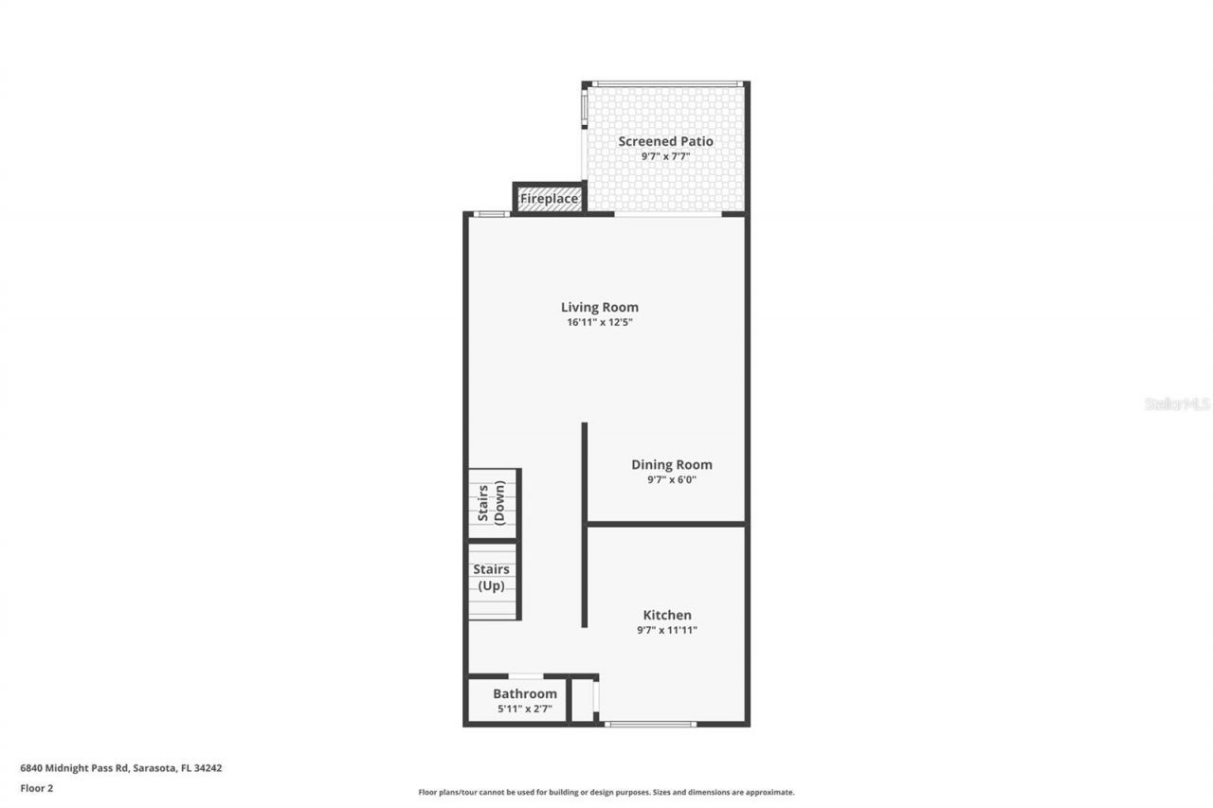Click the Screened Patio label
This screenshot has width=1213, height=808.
tap(665, 141)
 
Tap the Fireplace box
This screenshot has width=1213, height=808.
tap(549, 199)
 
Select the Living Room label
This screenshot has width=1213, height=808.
tap(599, 307)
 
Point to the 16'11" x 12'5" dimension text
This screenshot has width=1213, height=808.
tap(599, 323)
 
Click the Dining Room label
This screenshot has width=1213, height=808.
tap(672, 464)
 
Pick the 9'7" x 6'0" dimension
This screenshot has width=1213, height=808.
tap(672, 480)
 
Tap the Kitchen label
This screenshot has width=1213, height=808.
tap(667, 615)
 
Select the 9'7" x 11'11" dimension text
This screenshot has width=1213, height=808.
tap(667, 630)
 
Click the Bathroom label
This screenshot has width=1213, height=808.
tap(524, 693)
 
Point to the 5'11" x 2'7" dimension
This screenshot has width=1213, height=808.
tap(524, 709)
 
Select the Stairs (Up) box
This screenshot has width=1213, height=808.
tap(492, 581)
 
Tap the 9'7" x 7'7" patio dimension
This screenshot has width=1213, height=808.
tap(665, 156)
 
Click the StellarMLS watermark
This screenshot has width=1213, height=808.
tap(1177, 404)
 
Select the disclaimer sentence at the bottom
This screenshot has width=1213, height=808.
tap(606, 792)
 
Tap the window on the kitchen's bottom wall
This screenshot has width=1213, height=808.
tap(651, 725)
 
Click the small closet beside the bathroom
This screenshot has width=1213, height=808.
tap(582, 701)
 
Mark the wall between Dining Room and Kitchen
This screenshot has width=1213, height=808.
tap(666, 523)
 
